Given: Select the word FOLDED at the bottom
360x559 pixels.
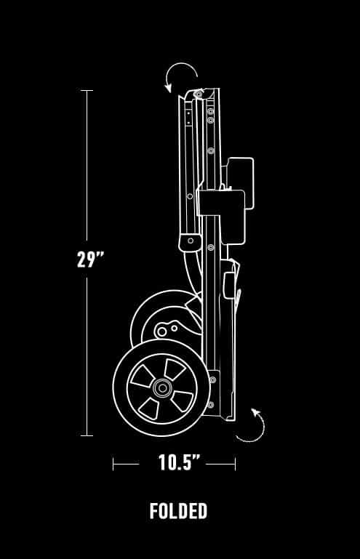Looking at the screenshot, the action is point(178,511).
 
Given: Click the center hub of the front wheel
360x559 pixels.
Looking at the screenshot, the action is point(162,388).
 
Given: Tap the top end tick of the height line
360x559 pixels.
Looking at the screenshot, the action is point(87,91).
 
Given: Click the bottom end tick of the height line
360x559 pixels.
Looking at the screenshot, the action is point(87,435).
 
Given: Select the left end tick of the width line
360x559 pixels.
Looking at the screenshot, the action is point(113,465).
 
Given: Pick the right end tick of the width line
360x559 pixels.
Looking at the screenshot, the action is point(235,465).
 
